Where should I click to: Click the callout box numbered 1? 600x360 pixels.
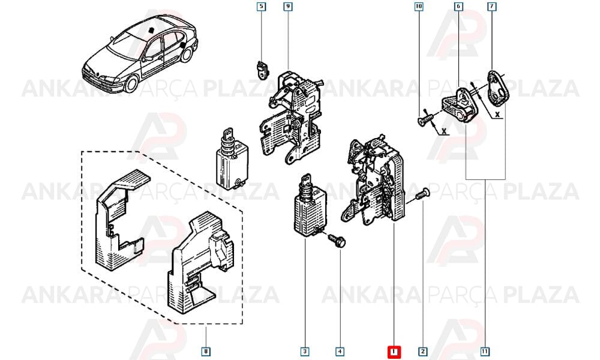[x=394, y=352]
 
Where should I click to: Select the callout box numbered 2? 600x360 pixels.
[x=423, y=352]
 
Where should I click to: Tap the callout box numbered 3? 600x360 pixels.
[x=305, y=352]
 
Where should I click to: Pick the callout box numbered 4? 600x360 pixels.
[x=340, y=352]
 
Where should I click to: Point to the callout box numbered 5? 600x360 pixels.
[x=261, y=7]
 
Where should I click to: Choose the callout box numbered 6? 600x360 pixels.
[x=458, y=7]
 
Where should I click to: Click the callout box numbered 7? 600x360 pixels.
[x=491, y=7]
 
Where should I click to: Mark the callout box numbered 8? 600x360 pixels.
[x=205, y=352]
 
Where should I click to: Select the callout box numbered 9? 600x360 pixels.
[x=288, y=7]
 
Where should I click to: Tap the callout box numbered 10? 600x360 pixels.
[x=419, y=7]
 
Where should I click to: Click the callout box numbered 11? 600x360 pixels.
[x=485, y=352]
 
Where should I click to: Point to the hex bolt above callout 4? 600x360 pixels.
[x=337, y=240]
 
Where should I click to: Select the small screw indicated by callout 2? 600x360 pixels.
[x=422, y=193]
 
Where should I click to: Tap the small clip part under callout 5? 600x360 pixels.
[x=262, y=70]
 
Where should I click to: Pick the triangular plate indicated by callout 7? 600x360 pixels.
[x=498, y=89]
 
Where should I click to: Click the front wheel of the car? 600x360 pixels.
[x=132, y=85]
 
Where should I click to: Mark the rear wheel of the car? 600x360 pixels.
[x=187, y=54]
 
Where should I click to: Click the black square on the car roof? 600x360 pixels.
[x=152, y=30]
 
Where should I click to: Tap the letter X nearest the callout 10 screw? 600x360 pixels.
[x=444, y=131]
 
